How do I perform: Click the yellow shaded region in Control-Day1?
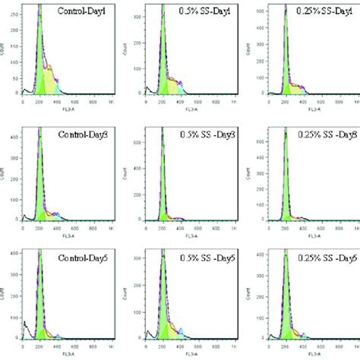(50, 79)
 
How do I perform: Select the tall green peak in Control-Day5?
(39, 311)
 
